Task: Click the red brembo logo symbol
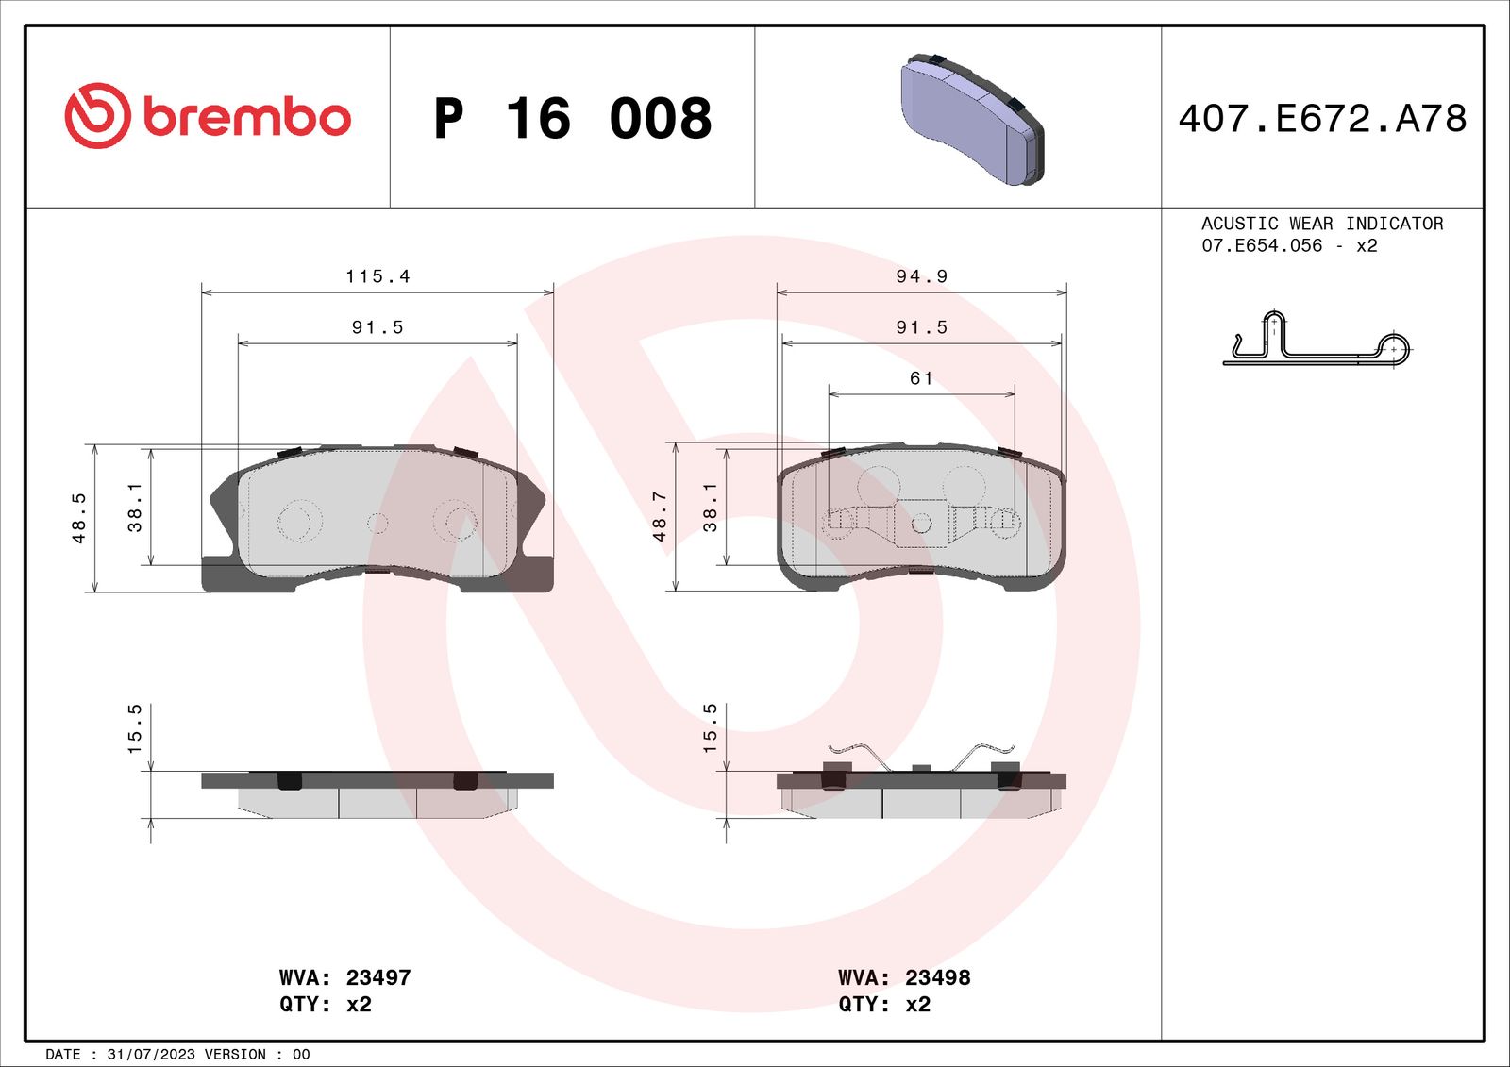(x=97, y=116)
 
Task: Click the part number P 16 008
(x=572, y=119)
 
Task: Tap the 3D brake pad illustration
(x=972, y=119)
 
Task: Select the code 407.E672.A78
(x=1322, y=119)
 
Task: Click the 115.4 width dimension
(x=377, y=276)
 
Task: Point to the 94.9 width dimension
(x=921, y=276)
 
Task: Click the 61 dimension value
(x=921, y=378)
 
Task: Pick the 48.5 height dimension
(x=79, y=518)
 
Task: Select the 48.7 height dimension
(x=659, y=517)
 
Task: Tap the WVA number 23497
(x=377, y=977)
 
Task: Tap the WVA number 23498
(x=937, y=977)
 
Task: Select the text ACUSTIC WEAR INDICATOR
(x=1321, y=224)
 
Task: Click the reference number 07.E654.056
(x=1262, y=245)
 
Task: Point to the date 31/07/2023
(x=151, y=1054)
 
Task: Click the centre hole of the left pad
(x=377, y=522)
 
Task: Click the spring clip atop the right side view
(x=921, y=755)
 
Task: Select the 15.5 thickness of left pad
(x=134, y=728)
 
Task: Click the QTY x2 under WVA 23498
(x=884, y=1004)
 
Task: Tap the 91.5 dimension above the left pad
(x=377, y=327)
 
